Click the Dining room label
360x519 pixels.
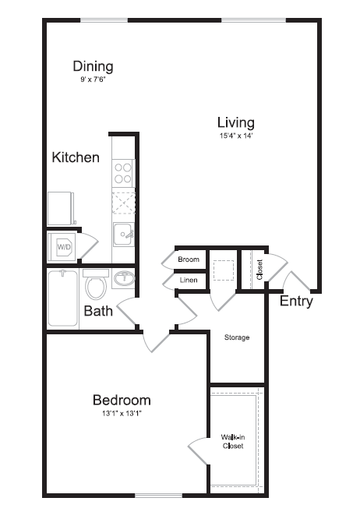point(93,66)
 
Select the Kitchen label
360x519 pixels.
point(76,157)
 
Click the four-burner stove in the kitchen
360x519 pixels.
point(123,171)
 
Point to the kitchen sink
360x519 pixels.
point(123,233)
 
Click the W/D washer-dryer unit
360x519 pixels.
point(62,246)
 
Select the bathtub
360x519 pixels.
point(62,298)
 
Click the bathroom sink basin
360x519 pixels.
point(123,278)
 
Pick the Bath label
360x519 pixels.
point(98,312)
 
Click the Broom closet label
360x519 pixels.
point(189,259)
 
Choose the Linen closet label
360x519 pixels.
point(189,280)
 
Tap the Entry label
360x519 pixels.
point(296,302)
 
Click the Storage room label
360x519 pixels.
point(237,337)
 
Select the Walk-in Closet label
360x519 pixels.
point(231,441)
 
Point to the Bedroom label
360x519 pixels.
point(122,400)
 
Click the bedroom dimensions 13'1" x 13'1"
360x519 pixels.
point(122,413)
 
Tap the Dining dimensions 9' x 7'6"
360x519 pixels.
point(92,79)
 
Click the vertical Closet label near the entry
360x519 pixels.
point(259,270)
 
